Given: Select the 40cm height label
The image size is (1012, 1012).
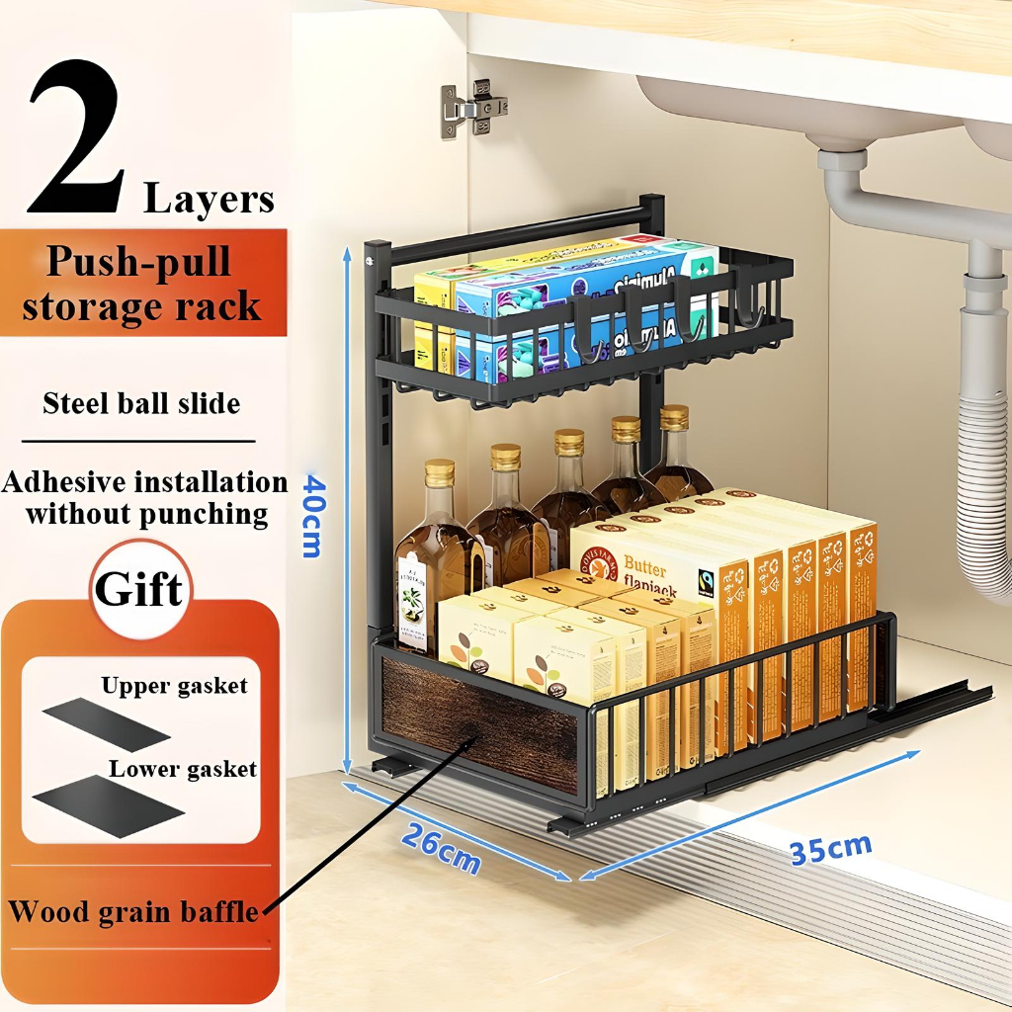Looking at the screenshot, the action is click(312, 515).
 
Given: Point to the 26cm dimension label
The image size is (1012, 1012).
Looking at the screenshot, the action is click(441, 847).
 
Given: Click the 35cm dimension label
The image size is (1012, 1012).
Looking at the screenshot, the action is click(830, 849).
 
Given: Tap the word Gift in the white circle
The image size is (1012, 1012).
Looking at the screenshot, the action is click(138, 590).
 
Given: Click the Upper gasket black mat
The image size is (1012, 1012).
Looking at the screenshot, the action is click(106, 723).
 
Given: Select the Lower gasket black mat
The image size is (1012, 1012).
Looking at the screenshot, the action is click(108, 805).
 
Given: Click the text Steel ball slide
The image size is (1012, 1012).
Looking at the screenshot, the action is click(141, 403).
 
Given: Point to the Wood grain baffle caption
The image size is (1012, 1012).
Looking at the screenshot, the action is click(133, 910).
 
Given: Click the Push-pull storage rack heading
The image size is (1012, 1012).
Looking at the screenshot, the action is click(141, 284).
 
